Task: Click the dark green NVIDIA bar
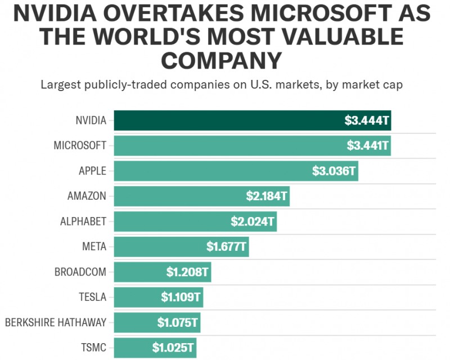[x=225, y=120]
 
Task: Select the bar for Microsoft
[x=225, y=146]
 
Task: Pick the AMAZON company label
[x=87, y=196]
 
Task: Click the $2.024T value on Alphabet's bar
[x=253, y=221]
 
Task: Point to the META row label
[x=94, y=246]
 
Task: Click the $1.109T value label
[x=181, y=296]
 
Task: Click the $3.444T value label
[x=367, y=120]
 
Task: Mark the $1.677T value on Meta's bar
[x=226, y=246]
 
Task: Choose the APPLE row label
[x=92, y=171]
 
